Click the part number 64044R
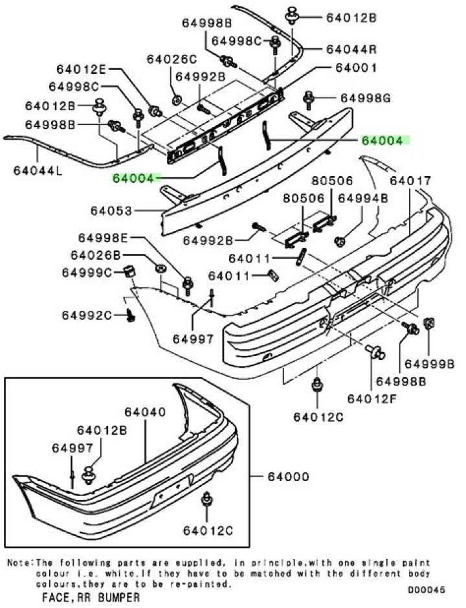point(351,49)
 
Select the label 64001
point(356,67)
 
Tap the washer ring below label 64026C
point(177,100)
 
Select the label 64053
point(111,211)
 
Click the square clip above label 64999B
point(428,324)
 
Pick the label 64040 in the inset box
point(144,412)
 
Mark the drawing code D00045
point(428,590)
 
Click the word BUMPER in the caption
point(118,597)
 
